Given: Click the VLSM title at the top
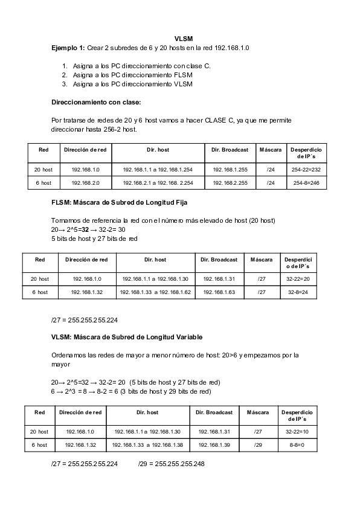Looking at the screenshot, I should pyautogui.click(x=183, y=39).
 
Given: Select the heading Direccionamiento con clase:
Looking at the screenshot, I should pyautogui.click(x=96, y=101).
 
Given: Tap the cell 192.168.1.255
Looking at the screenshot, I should pyautogui.click(x=230, y=170).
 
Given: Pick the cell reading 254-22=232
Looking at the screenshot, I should pyautogui.click(x=306, y=170).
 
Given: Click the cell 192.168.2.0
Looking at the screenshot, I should pyautogui.click(x=85, y=182).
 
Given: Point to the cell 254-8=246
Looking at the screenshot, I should pyautogui.click(x=306, y=182).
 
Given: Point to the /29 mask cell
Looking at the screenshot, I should pyautogui.click(x=258, y=444).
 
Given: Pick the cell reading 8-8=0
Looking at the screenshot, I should pyautogui.click(x=297, y=444).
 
